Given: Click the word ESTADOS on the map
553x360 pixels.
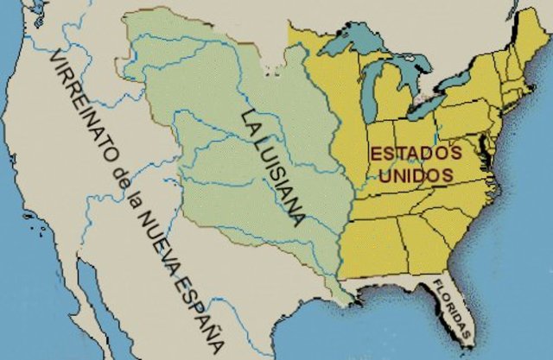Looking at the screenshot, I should click(x=423, y=153).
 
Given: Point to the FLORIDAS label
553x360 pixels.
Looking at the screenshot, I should click(x=453, y=310).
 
